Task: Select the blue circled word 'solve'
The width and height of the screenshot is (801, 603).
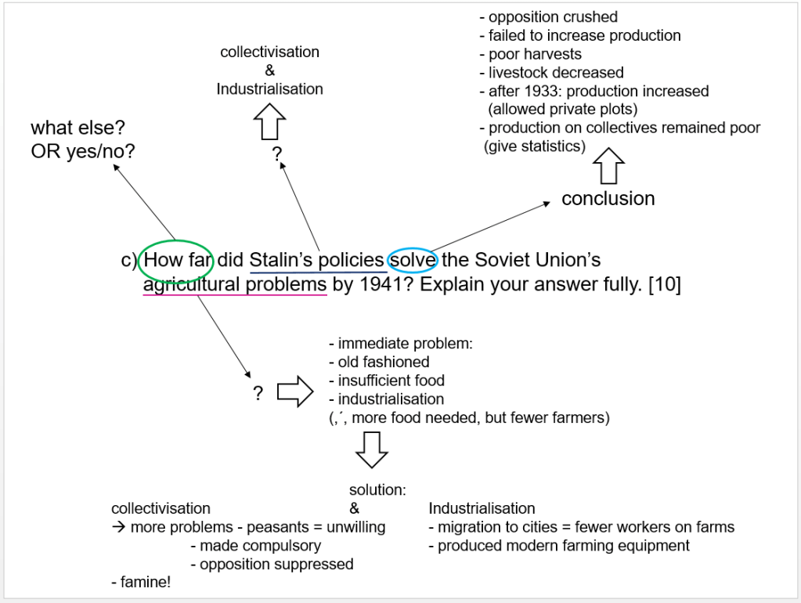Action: pyautogui.click(x=413, y=260)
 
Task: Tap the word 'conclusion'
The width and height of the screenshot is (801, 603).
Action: pyautogui.click(x=608, y=199)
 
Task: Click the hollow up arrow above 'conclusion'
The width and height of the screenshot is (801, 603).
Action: pyautogui.click(x=608, y=168)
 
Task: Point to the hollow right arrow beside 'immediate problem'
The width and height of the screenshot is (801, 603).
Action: pyautogui.click(x=294, y=392)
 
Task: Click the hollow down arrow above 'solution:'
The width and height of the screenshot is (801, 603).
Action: pyautogui.click(x=372, y=450)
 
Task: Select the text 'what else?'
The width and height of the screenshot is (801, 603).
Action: pyautogui.click(x=78, y=128)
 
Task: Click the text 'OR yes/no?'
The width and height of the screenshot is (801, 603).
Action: pyautogui.click(x=82, y=151)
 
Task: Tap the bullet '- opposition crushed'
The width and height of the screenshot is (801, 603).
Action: pyautogui.click(x=548, y=16)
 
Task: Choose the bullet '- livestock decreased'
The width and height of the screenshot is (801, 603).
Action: pyautogui.click(x=551, y=73)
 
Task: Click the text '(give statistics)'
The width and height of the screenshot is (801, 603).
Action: pyautogui.click(x=535, y=146)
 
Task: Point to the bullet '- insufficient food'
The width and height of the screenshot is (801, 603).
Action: pyautogui.click(x=387, y=381)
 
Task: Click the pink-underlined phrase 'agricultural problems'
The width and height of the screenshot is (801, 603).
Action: pyautogui.click(x=235, y=283)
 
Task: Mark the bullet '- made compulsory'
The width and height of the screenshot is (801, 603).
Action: pyautogui.click(x=255, y=546)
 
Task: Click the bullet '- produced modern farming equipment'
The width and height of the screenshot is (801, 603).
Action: pyautogui.click(x=559, y=546)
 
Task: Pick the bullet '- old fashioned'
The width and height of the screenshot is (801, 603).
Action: pyautogui.click(x=379, y=362)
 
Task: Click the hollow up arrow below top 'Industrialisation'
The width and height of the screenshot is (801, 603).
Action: pyautogui.click(x=270, y=124)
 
